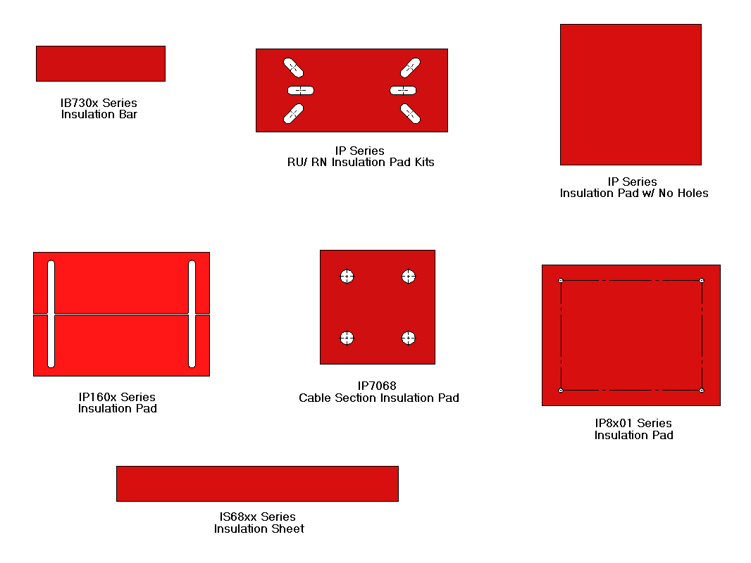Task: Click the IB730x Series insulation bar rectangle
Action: click(100, 63)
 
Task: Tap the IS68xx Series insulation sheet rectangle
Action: click(257, 483)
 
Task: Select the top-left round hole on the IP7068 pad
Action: click(346, 277)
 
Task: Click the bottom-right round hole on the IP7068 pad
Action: click(409, 339)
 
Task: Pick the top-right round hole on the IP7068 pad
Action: click(409, 277)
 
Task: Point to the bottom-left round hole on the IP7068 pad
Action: click(346, 339)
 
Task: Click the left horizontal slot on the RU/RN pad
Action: click(301, 90)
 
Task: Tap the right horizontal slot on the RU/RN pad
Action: click(403, 90)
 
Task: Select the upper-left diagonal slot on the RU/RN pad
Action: click(294, 68)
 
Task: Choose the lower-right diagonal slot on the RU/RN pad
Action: click(410, 113)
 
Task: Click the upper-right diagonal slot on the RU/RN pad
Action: click(410, 68)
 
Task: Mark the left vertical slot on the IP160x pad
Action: click(51, 314)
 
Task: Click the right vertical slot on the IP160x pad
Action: click(192, 314)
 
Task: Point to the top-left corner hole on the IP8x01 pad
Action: click(561, 281)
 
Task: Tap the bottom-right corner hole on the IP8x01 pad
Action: click(702, 390)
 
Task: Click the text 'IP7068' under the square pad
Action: click(377, 386)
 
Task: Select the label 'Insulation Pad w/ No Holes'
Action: click(634, 193)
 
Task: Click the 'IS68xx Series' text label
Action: click(258, 517)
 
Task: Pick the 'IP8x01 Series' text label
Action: click(633, 423)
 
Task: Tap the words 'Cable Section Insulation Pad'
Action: click(378, 398)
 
